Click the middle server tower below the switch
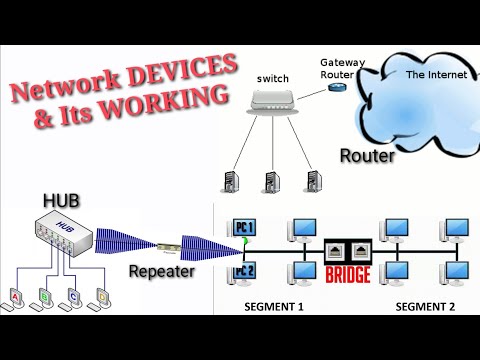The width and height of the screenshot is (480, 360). pos(267,182)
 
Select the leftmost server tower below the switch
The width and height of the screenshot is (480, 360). pos(228,182)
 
